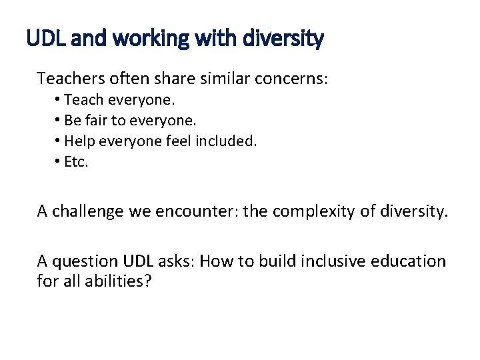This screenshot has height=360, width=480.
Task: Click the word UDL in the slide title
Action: click(x=45, y=39)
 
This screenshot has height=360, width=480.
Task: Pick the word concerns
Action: click(x=291, y=79)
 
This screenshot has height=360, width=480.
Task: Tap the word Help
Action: click(x=79, y=141)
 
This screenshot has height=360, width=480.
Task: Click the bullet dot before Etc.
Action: click(x=59, y=161)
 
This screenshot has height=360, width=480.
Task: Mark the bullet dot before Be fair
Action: click(x=59, y=121)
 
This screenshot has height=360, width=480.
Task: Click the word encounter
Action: click(x=193, y=211)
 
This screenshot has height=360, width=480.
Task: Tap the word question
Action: click(x=85, y=261)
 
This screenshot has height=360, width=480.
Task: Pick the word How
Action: click(x=215, y=261)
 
